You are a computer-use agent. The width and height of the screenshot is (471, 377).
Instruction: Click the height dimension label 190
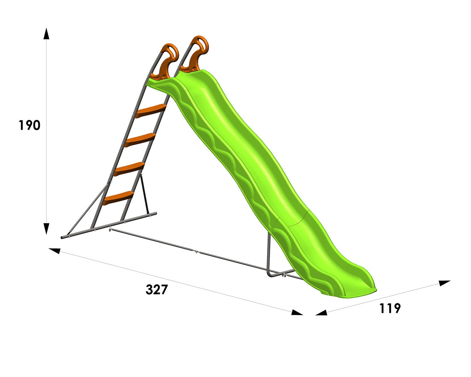(x=30, y=125)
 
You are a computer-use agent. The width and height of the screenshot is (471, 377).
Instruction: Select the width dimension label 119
(x=390, y=308)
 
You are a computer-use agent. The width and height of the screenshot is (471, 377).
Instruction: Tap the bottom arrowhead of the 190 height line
(x=46, y=229)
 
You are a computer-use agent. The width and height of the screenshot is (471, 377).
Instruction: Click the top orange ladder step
(x=150, y=111)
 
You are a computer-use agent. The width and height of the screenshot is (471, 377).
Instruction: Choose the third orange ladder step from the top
(x=129, y=168)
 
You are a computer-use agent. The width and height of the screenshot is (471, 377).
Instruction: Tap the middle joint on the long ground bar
(x=196, y=252)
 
